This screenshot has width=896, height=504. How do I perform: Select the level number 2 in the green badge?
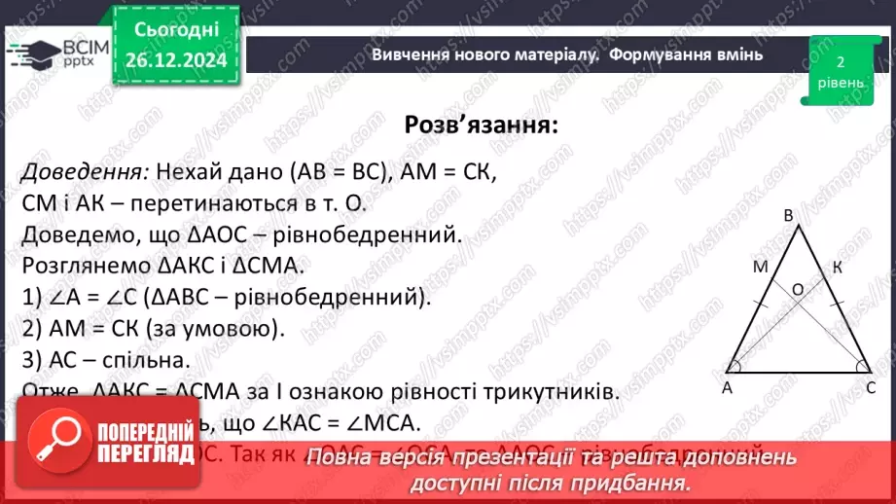pos(840,60)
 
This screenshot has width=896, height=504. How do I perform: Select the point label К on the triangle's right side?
pos(837,267)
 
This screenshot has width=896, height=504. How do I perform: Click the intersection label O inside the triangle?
pos(797,288)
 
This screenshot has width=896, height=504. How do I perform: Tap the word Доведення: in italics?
pos(85,172)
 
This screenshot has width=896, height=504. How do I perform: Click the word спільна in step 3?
pos(157,360)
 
